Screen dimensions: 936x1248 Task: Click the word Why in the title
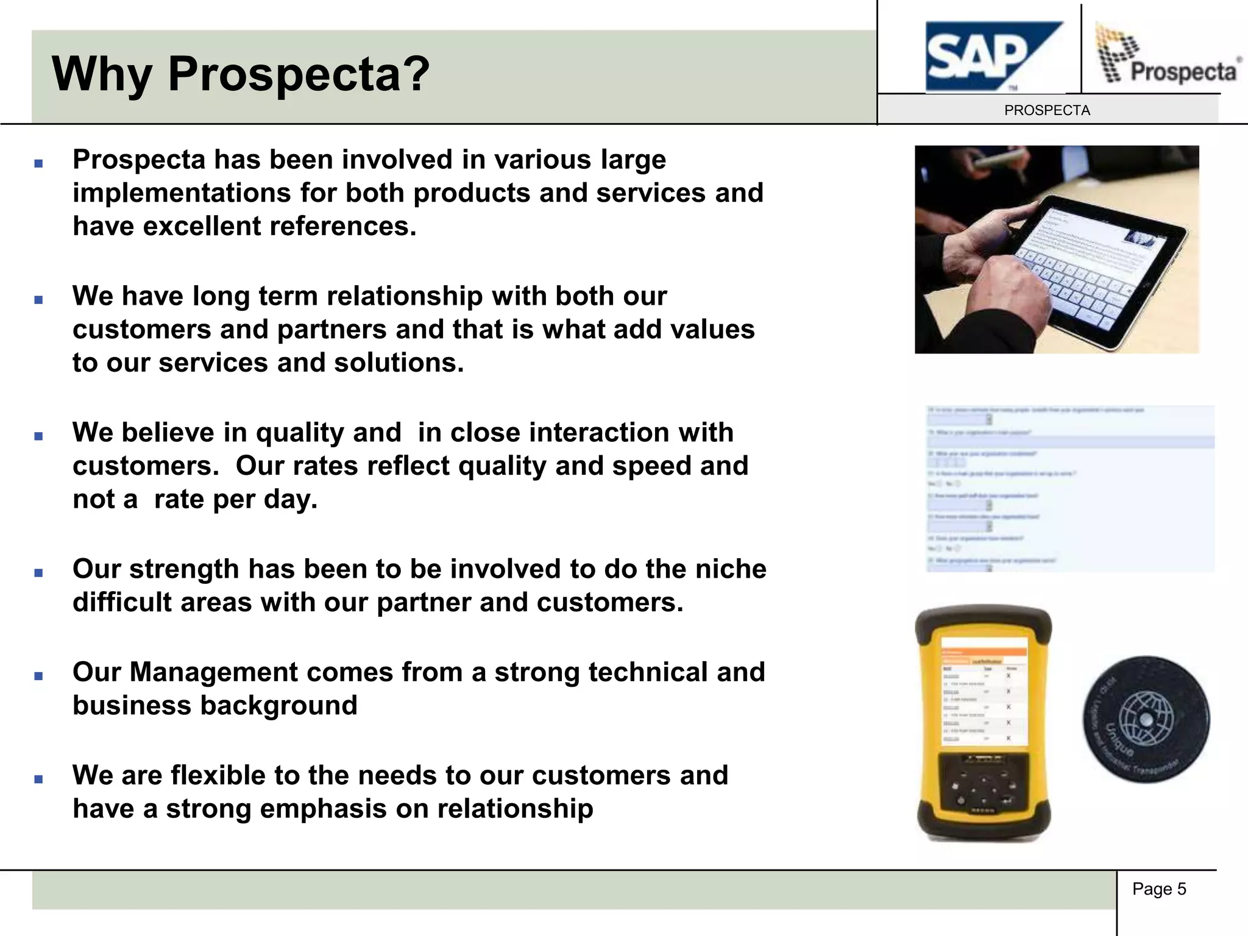point(101,74)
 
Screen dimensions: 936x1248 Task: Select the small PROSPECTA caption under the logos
point(1047,110)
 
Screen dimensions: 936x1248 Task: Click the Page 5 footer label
point(1159,889)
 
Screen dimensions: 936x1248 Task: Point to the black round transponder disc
point(1146,720)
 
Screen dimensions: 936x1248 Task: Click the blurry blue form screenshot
point(1069,488)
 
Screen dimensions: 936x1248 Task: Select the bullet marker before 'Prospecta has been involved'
point(39,163)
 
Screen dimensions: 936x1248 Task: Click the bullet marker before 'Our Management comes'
point(39,676)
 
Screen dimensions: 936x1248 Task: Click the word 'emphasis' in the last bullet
point(323,809)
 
